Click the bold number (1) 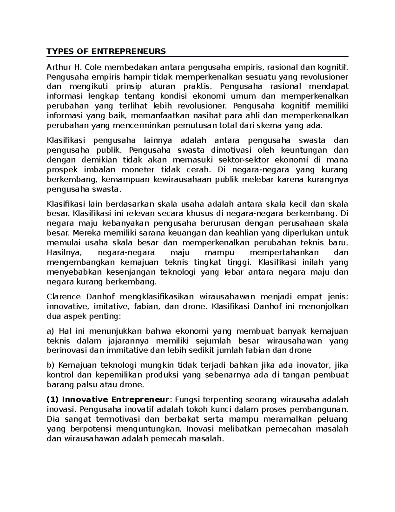(52, 400)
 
